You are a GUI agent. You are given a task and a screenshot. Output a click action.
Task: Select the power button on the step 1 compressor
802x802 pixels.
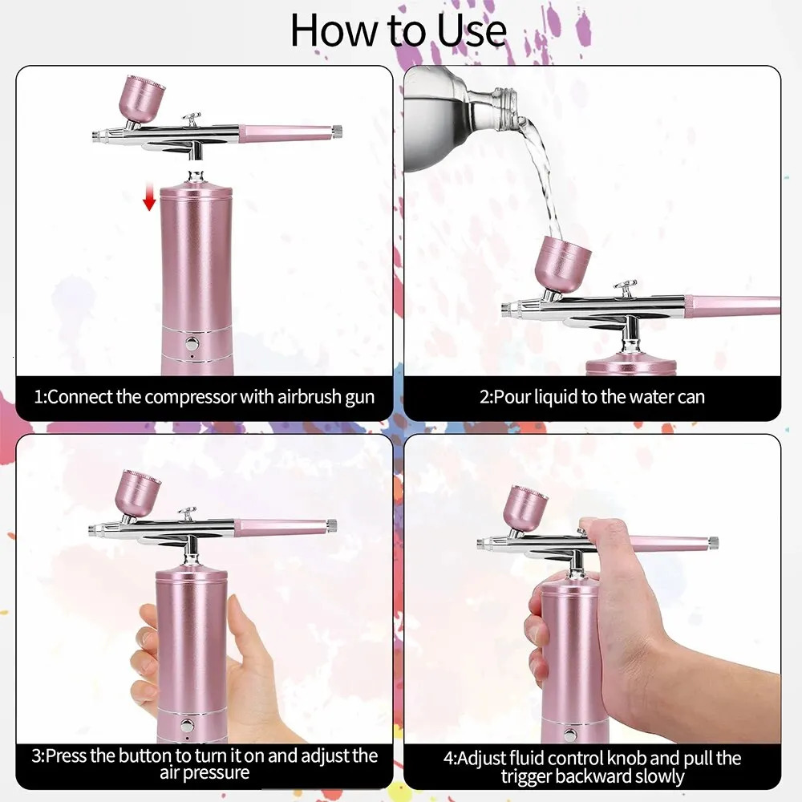pyautogui.click(x=192, y=342)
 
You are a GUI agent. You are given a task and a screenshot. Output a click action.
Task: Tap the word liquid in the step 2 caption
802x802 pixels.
pyautogui.click(x=572, y=396)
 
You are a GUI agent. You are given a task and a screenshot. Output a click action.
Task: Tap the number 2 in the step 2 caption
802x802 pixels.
pyautogui.click(x=484, y=396)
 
